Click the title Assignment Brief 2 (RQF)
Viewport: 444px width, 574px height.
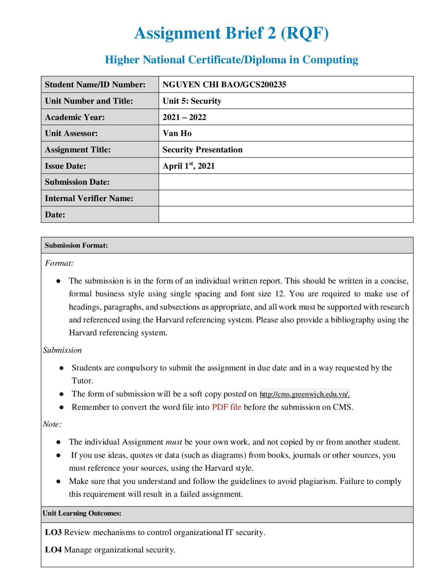[x=231, y=33]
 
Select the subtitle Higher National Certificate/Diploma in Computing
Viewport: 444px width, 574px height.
[x=231, y=60]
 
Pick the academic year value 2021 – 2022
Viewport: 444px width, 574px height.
[x=184, y=117]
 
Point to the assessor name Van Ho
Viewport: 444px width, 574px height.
[x=177, y=133]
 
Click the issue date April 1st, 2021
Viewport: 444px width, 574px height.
[x=188, y=166]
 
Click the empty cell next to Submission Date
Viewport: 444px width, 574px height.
[x=285, y=182]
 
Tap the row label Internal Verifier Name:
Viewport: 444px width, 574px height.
[x=89, y=198]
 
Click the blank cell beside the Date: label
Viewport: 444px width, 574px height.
[x=285, y=215]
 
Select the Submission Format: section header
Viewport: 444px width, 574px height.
[x=76, y=245]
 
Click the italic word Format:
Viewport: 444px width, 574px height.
[x=59, y=263]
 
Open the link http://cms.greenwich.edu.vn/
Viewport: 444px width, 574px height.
[x=305, y=394]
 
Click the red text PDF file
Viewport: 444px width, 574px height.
[x=226, y=407]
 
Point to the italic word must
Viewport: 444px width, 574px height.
[x=173, y=442]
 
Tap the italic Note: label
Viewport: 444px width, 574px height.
[x=52, y=424]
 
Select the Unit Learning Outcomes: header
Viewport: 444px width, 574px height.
[x=82, y=513]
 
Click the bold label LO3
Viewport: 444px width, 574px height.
[x=53, y=532]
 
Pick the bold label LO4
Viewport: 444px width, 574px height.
[x=53, y=550]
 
